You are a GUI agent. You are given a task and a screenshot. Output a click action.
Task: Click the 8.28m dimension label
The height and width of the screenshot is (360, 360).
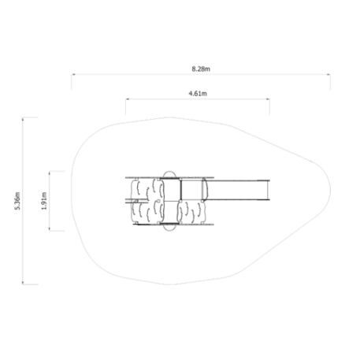[201, 69]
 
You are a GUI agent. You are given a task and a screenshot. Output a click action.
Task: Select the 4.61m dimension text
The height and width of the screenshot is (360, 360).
[198, 94]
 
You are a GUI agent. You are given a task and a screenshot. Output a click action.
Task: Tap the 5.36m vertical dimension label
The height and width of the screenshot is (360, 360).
[17, 201]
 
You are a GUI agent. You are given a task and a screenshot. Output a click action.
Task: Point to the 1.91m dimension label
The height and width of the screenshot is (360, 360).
[44, 201]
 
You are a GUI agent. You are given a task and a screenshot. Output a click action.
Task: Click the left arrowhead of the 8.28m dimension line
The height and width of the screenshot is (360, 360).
[73, 75]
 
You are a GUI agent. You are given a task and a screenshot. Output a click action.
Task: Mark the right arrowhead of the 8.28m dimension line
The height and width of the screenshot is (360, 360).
[328, 75]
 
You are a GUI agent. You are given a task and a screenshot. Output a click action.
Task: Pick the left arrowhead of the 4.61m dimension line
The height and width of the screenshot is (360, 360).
[128, 99]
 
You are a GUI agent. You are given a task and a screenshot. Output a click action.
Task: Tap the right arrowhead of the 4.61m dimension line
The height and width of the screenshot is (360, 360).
[268, 99]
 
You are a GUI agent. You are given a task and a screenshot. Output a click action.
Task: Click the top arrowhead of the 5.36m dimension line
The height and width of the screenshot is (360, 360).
[23, 120]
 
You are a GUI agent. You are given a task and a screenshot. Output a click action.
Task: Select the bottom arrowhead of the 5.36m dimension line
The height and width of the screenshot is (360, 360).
[23, 282]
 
